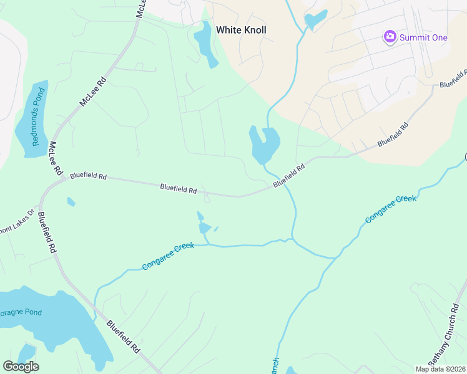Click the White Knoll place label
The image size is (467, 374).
point(241,29)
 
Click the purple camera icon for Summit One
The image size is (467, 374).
point(390,37)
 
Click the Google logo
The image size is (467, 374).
point(21,367)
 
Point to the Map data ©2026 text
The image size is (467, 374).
point(440,369)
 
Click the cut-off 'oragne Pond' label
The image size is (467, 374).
point(20,311)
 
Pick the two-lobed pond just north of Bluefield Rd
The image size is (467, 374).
point(264,144)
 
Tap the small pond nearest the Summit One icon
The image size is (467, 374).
point(316,19)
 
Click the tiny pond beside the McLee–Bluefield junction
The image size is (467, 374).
point(71,202)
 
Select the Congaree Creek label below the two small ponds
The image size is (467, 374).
point(168,256)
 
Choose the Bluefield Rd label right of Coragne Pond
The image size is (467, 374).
point(123,337)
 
